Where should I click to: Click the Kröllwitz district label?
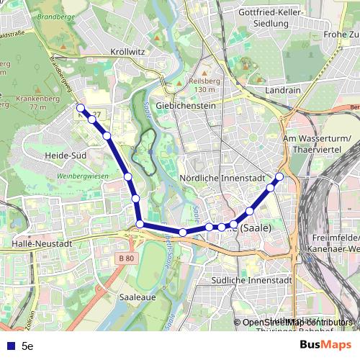click(x=128, y=52)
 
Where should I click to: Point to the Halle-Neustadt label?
click(x=43, y=244)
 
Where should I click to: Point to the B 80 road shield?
click(x=126, y=258)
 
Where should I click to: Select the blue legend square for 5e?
click(x=11, y=346)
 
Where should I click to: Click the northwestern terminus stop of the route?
click(x=81, y=109)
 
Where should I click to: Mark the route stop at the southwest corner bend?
click(x=140, y=225)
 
